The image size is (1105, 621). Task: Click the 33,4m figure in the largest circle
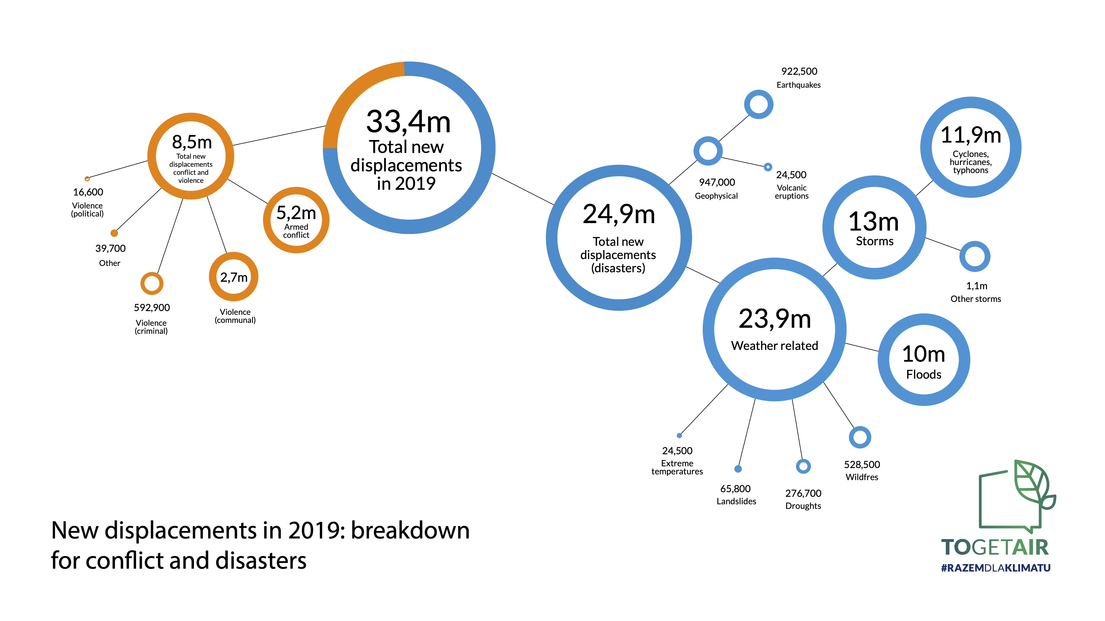point(408,122)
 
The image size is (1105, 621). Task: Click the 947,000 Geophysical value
point(717,182)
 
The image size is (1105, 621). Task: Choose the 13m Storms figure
point(874,222)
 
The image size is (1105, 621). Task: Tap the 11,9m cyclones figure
point(971,135)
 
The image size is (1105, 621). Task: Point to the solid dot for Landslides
point(738,469)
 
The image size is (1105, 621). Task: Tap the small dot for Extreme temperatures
point(679,436)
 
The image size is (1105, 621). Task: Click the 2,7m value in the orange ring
point(234,277)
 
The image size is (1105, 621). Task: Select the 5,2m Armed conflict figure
point(296,212)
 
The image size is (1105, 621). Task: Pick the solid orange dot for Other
point(114,233)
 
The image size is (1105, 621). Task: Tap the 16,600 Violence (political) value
point(88,192)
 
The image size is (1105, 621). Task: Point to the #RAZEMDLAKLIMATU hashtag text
point(996,568)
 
